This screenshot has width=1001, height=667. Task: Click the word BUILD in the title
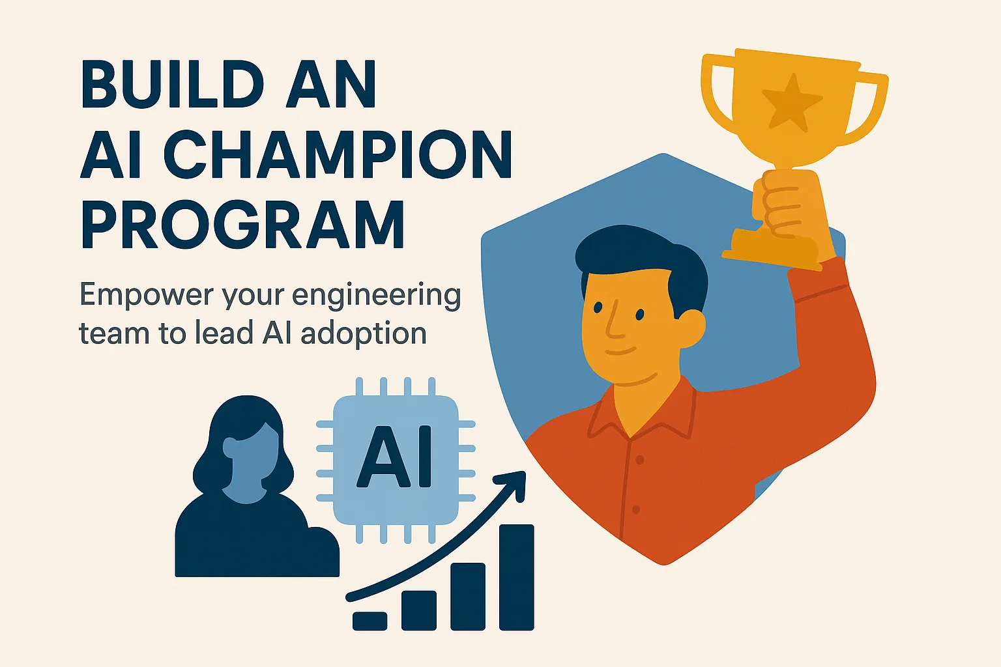(171, 85)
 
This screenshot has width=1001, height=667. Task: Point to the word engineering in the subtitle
(377, 297)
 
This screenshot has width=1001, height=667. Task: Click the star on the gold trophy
(791, 102)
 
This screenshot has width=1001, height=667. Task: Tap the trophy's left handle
(717, 98)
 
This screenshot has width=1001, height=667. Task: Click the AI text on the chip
(395, 458)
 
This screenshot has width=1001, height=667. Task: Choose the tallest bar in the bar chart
(516, 577)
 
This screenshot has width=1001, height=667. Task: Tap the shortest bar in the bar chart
(370, 621)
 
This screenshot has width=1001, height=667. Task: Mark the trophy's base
(772, 251)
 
